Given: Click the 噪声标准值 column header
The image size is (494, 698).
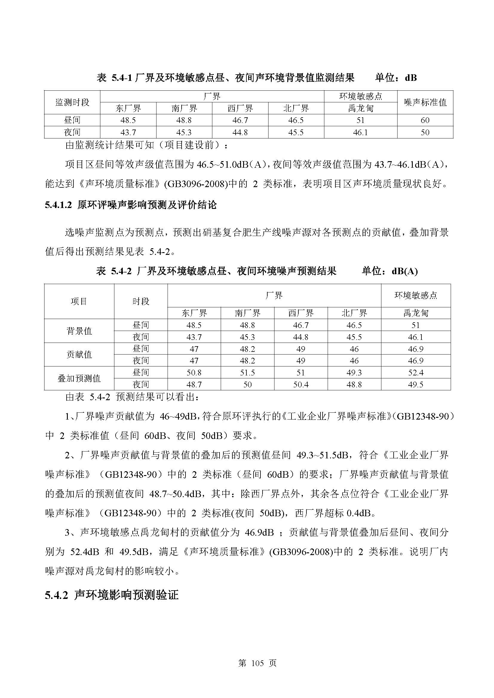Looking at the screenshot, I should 425,102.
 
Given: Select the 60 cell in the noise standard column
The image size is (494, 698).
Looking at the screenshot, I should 425,120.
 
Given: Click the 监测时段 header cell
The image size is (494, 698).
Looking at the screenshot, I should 72,102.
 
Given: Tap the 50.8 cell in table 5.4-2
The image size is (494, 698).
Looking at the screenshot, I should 194,373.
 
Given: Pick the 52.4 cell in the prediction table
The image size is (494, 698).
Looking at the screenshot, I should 415,373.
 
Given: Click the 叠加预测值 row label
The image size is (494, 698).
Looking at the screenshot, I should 79,378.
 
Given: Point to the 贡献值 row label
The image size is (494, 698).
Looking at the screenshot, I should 79,355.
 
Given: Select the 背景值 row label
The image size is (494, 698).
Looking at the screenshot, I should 79,331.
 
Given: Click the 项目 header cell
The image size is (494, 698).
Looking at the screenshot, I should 79,301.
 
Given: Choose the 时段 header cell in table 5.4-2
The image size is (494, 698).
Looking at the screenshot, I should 141,301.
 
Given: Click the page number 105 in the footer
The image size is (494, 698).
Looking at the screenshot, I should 257,663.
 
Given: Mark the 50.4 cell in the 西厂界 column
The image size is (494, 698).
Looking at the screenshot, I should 301,385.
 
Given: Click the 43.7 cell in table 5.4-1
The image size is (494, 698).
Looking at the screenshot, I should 128,132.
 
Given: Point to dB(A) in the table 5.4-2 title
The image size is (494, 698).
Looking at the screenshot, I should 405,271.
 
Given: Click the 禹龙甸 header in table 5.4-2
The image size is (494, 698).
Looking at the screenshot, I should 415,313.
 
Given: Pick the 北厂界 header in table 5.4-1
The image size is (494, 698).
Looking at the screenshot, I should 296,109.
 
